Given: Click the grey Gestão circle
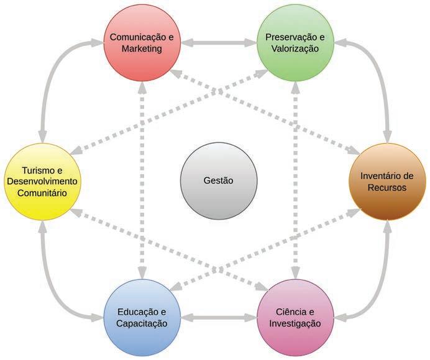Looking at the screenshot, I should (217, 180).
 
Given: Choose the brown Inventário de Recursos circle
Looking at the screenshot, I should (387, 182).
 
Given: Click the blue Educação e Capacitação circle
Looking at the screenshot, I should (142, 317).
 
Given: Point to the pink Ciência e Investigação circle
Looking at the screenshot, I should (295, 317).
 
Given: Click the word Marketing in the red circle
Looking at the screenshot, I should (142, 49).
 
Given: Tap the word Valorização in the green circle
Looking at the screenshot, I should (295, 49).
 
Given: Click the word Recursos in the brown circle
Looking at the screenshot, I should (387, 187).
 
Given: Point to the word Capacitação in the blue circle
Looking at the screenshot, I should (142, 323).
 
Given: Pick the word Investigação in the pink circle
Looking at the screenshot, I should (295, 323).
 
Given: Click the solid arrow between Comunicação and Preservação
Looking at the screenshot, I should (218, 44).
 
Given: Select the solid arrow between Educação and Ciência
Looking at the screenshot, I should (218, 318).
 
